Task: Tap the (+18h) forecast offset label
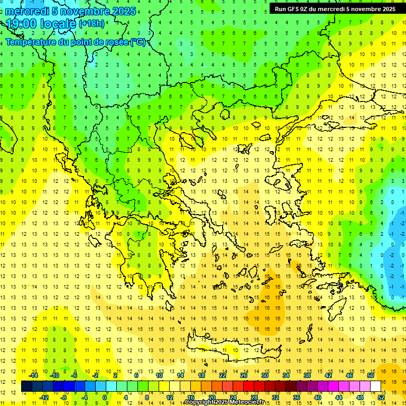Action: point(92,24)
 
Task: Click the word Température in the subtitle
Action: point(30,42)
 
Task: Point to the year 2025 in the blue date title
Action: point(124,11)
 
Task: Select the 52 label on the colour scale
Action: point(382,398)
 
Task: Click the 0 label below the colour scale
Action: point(105,398)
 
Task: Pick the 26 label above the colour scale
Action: point(244,375)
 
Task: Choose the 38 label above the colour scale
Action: point(307,375)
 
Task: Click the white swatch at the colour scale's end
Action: point(375,386)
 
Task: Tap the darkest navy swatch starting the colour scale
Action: point(26,386)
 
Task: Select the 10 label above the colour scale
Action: point(159,375)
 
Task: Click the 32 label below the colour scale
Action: point(275,398)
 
